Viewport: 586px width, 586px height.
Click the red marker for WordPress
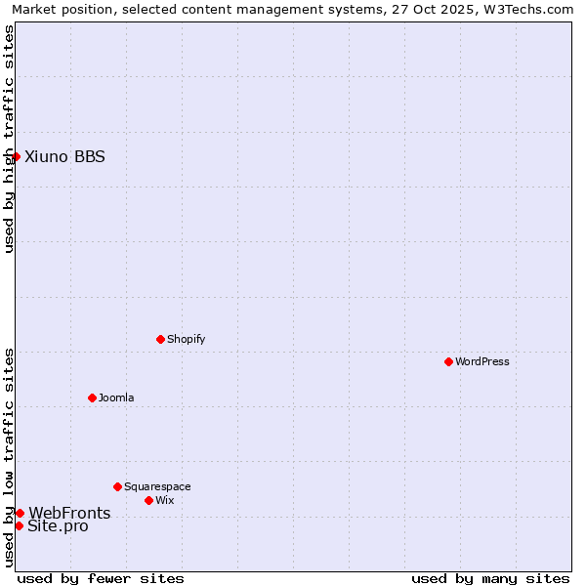[x=448, y=361]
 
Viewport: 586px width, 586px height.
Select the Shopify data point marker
[x=160, y=339]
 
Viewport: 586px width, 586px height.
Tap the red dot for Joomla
[x=92, y=398]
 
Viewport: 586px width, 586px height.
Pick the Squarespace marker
[x=117, y=486]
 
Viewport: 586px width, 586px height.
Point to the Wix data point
[x=148, y=500]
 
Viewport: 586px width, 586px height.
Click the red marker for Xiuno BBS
[x=16, y=156]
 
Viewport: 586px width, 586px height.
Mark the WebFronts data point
[x=20, y=513]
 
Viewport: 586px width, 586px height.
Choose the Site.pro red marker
[x=19, y=525]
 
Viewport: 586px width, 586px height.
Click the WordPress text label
[x=482, y=361]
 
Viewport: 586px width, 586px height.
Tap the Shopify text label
[x=186, y=339]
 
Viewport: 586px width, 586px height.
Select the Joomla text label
[x=116, y=398]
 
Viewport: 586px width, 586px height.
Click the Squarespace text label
[x=157, y=486]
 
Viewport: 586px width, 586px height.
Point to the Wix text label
[x=164, y=500]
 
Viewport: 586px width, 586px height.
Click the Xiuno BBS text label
[x=64, y=156]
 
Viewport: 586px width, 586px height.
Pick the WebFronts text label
[x=69, y=513]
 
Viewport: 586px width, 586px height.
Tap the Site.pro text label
[x=58, y=526]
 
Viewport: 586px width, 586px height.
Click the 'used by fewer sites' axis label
[x=101, y=578]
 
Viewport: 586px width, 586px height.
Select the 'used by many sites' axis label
[x=490, y=578]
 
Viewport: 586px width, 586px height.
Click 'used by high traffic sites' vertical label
[x=9, y=139]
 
